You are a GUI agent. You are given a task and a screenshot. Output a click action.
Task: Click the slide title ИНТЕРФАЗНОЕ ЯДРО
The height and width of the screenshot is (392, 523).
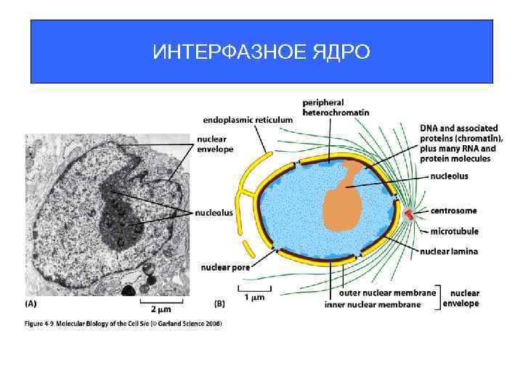(x=261, y=52)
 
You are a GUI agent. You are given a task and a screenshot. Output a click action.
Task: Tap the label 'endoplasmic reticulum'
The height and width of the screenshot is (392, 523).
(x=248, y=119)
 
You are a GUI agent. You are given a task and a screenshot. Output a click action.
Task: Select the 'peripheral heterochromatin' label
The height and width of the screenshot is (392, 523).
(x=336, y=107)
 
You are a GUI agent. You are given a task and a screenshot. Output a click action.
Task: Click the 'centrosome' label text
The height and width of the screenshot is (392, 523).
(x=453, y=211)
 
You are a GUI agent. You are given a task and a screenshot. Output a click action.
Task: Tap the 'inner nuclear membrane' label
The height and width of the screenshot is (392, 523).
(x=373, y=304)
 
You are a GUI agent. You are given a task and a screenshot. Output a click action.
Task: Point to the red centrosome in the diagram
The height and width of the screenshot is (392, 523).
(x=410, y=213)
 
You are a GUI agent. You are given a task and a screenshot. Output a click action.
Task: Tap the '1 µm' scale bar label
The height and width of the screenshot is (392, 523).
(x=254, y=297)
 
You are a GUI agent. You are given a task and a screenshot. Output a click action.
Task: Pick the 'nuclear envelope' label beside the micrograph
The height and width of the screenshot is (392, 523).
(x=215, y=144)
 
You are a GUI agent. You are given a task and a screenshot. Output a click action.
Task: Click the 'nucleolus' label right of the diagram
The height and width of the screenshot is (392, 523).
(x=448, y=176)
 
